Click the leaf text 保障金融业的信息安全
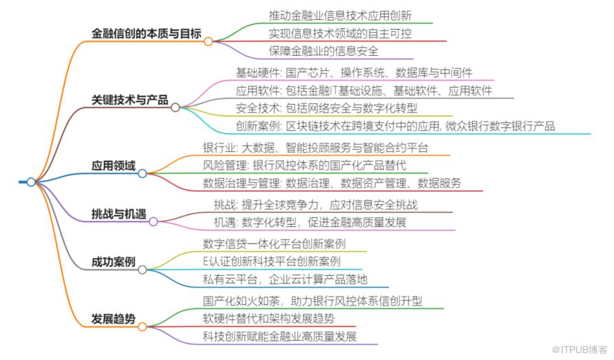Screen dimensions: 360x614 323,50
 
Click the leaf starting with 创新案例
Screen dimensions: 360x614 395,126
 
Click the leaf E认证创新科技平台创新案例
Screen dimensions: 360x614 272,261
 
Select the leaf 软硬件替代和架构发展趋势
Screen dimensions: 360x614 268,318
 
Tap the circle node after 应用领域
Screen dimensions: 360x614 142,173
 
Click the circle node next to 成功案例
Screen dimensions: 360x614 142,270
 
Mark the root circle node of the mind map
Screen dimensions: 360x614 30,182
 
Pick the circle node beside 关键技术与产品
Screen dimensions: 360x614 175,107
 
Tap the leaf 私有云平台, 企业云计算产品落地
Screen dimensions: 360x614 285,279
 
